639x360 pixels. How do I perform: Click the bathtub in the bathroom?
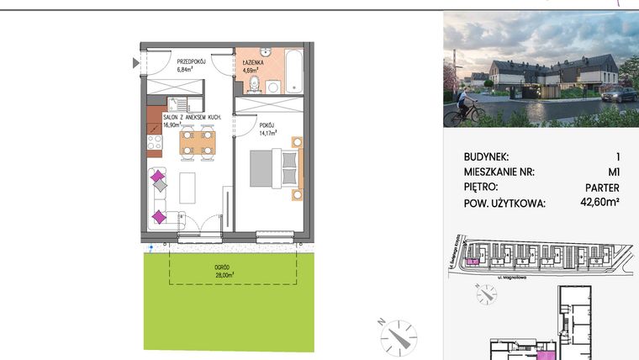(294, 73)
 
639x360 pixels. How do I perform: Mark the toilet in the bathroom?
(274, 86)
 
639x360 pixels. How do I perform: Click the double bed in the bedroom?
(274, 172)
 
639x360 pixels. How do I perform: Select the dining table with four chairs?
(197, 141)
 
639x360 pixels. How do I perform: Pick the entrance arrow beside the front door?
(136, 61)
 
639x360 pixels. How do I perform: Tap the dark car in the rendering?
(621, 94)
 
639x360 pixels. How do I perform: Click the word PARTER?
(601, 187)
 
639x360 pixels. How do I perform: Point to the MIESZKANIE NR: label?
(500, 172)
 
